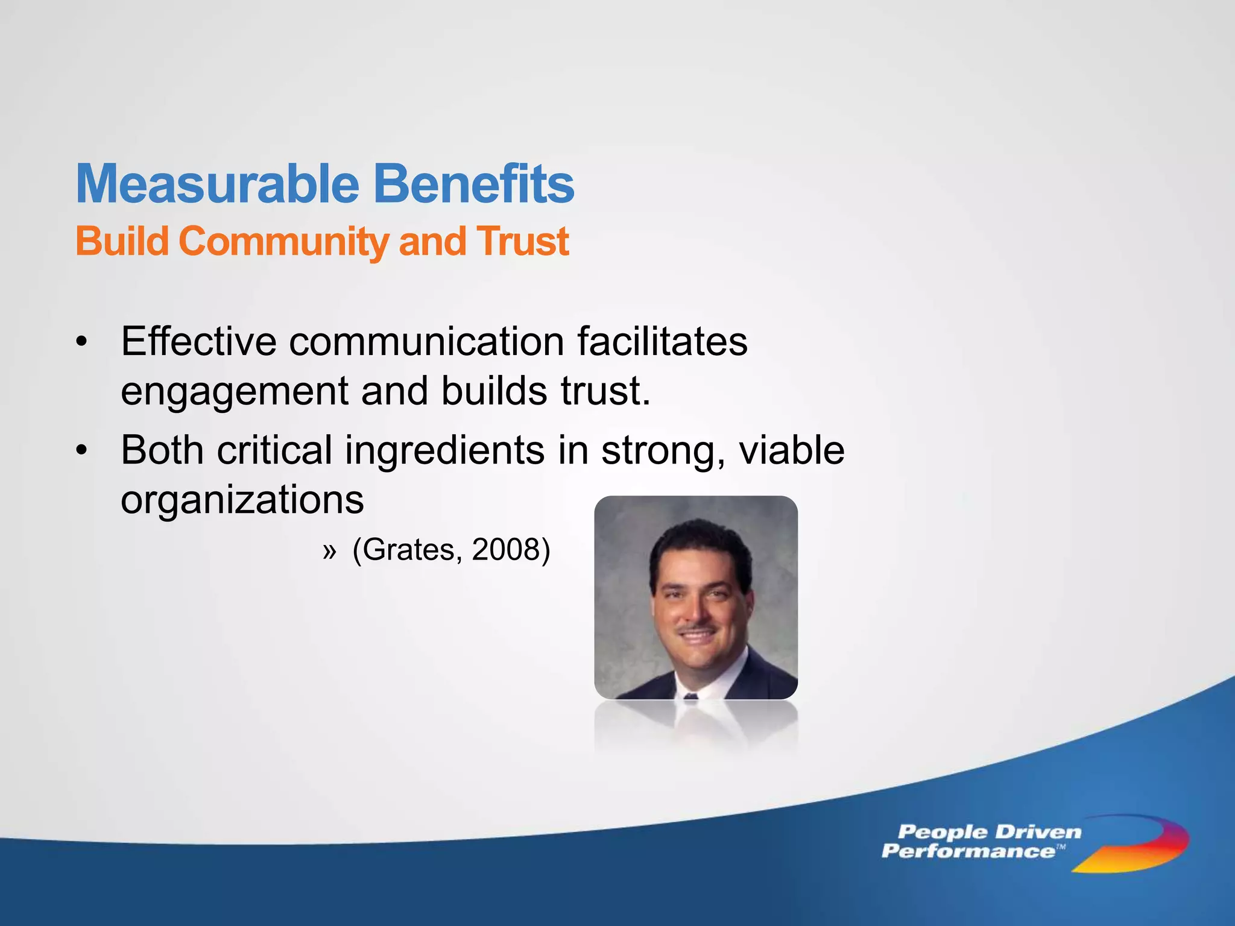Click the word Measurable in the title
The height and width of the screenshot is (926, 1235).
(x=217, y=184)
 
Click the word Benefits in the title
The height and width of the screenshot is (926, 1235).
(x=474, y=184)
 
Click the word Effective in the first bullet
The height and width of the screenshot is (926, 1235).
(x=198, y=341)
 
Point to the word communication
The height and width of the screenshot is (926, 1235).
(x=426, y=341)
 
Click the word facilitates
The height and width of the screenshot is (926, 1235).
(x=662, y=341)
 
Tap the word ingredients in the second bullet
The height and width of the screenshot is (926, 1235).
(x=444, y=451)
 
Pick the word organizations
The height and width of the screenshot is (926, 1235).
(x=242, y=500)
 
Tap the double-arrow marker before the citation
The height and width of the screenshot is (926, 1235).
(x=329, y=551)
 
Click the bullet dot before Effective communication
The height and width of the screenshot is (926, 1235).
(x=82, y=342)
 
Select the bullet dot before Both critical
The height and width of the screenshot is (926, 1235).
(x=82, y=451)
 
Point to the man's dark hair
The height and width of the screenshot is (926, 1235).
(x=700, y=543)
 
